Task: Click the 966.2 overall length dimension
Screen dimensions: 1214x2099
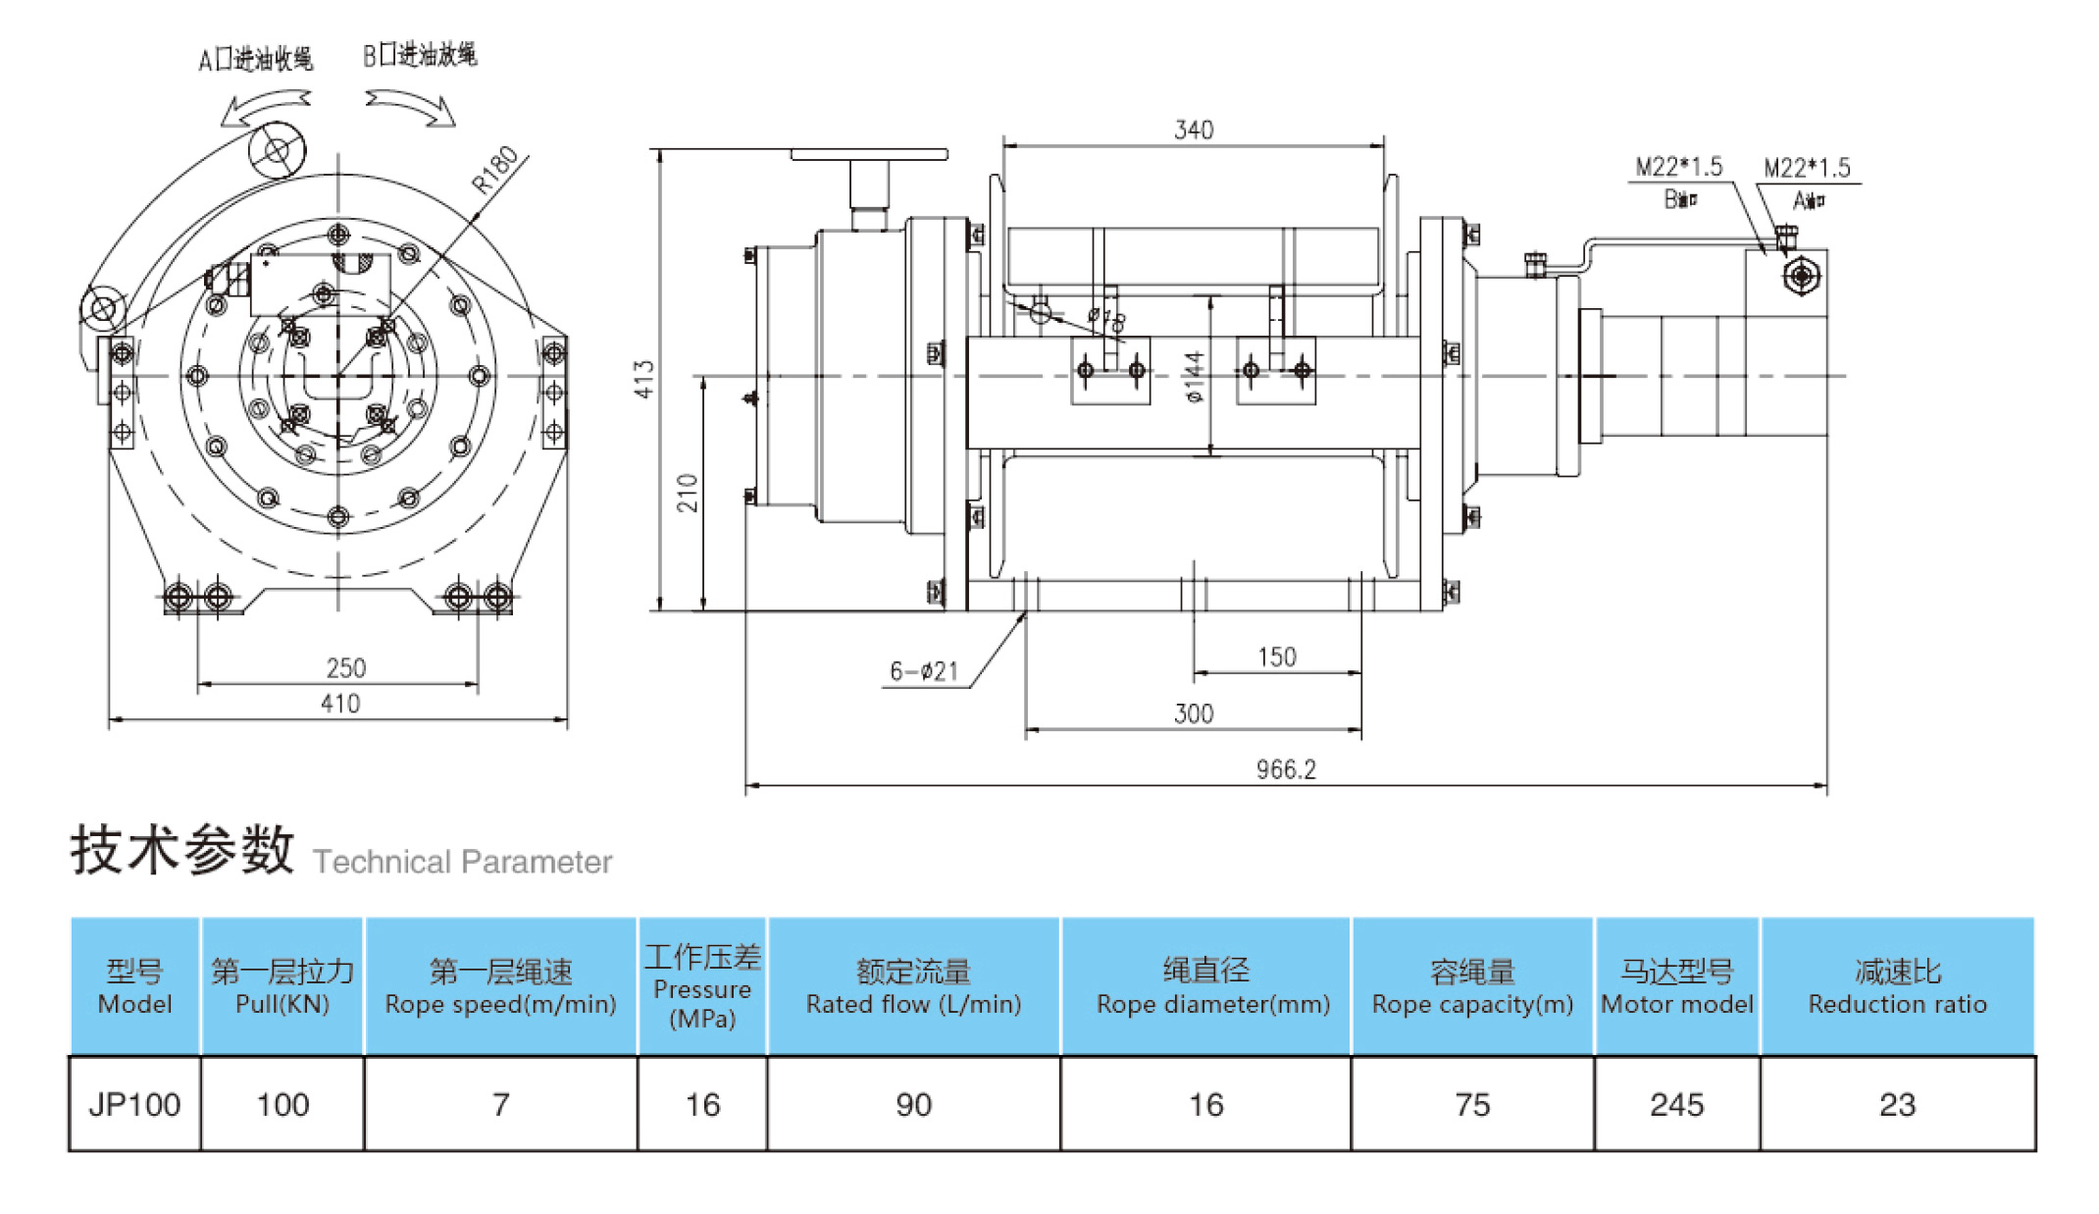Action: coord(1285,769)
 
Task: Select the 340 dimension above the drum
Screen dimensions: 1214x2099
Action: coord(1194,130)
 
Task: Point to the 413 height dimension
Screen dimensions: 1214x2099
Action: coord(643,379)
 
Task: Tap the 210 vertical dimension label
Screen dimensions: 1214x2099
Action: coord(688,493)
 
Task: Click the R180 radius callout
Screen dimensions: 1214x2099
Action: coord(495,169)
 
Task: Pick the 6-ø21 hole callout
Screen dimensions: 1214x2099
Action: coord(923,671)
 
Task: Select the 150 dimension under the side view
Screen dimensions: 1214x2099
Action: coord(1276,657)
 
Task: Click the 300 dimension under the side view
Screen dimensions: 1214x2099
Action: coord(1194,713)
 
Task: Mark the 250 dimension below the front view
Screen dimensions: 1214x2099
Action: coord(345,668)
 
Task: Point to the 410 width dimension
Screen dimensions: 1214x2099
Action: coord(340,704)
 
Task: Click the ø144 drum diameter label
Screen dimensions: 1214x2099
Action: coord(1194,377)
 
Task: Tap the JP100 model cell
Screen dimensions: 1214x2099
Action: coord(134,1105)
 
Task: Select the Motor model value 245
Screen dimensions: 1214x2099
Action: coord(1676,1105)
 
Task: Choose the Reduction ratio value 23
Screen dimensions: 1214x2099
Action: coord(1897,1105)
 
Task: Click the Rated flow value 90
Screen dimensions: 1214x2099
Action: coord(913,1105)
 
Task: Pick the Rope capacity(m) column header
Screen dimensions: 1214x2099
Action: coord(1471,987)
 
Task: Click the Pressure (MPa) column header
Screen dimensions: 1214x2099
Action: coord(702,987)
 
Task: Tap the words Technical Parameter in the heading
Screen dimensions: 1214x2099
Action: coord(462,862)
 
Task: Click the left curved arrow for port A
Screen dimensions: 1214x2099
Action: coord(264,107)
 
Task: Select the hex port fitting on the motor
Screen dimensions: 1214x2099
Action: coord(1801,276)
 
